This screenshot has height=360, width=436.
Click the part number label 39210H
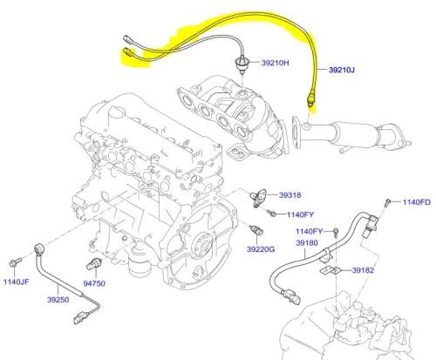click(x=275, y=63)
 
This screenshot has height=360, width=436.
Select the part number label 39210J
click(x=342, y=70)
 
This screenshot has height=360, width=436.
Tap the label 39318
click(x=290, y=195)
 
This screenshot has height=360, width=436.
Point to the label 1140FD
click(x=417, y=202)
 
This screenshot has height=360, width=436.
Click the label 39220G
click(x=261, y=249)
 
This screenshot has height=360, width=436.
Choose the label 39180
click(x=307, y=242)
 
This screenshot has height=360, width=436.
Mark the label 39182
click(x=363, y=270)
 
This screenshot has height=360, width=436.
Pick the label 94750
click(x=94, y=283)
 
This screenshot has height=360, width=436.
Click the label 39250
click(x=58, y=300)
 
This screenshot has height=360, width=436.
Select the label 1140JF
click(x=17, y=282)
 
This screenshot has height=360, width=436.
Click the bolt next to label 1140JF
click(x=15, y=262)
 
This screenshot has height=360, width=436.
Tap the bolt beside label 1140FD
click(x=387, y=202)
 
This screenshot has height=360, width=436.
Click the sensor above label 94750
click(x=93, y=263)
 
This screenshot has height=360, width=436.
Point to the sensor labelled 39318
click(x=258, y=198)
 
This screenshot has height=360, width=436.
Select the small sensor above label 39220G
click(x=256, y=230)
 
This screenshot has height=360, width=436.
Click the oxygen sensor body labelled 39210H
click(x=241, y=65)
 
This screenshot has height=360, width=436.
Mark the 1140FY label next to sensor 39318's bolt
click(x=300, y=214)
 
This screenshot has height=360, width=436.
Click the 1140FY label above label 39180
click(x=310, y=231)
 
